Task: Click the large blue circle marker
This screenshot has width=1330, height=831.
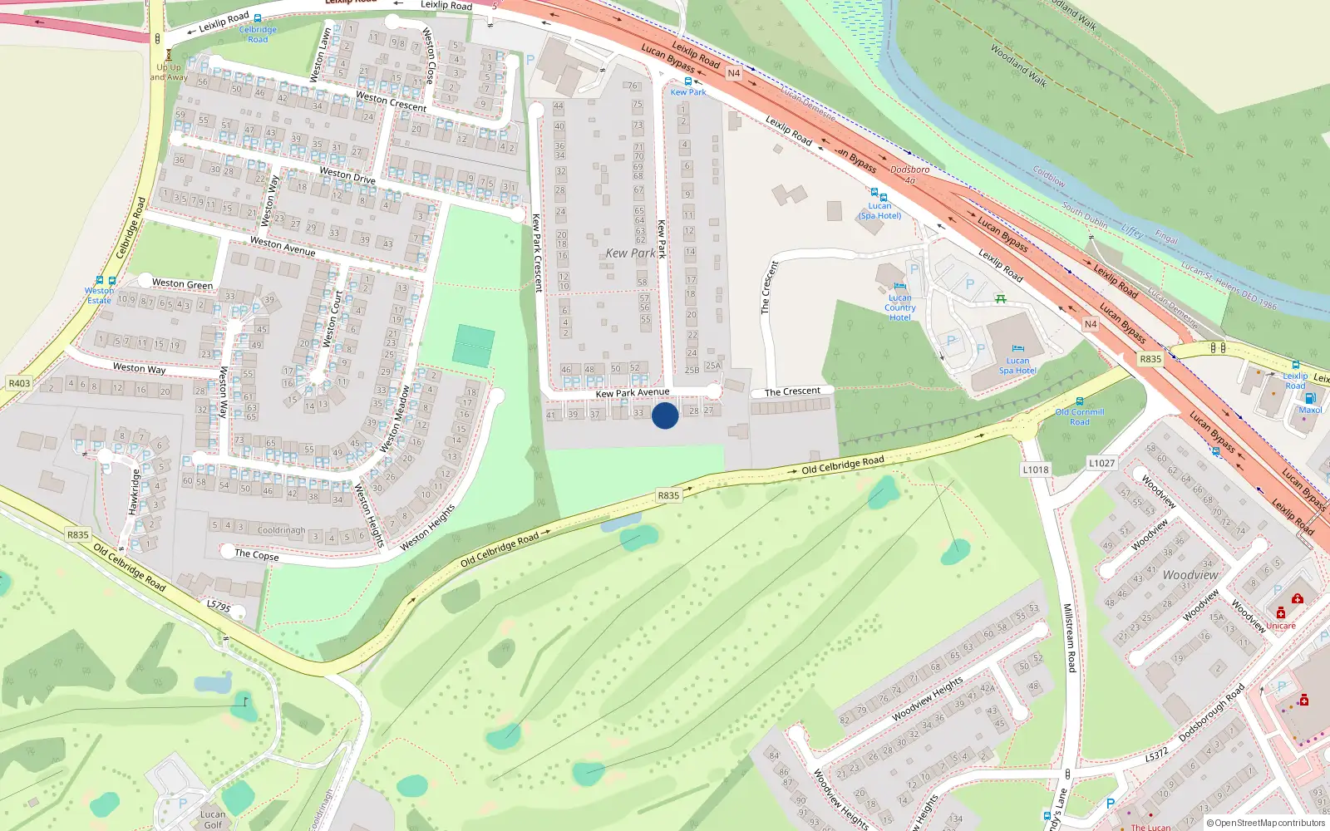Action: pyautogui.click(x=665, y=415)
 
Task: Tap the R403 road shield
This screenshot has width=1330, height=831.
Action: pyautogui.click(x=19, y=383)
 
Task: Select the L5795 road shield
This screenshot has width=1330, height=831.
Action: pyautogui.click(x=219, y=607)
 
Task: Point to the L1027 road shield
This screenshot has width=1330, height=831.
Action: pyautogui.click(x=1101, y=464)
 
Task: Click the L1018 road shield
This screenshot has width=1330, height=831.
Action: pyautogui.click(x=1036, y=470)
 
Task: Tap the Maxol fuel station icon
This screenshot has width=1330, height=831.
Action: pyautogui.click(x=1310, y=399)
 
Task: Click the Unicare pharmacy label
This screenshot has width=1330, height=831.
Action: pyautogui.click(x=1281, y=626)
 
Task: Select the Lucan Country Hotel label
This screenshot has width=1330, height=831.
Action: pyautogui.click(x=900, y=307)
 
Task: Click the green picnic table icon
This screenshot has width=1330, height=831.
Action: pyautogui.click(x=1001, y=298)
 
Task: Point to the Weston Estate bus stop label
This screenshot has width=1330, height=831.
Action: pyautogui.click(x=100, y=295)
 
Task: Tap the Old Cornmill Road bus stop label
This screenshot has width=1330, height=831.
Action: pyautogui.click(x=1080, y=416)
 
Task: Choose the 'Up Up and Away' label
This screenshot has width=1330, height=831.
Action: pyautogui.click(x=169, y=72)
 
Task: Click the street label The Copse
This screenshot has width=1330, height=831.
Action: pyautogui.click(x=257, y=554)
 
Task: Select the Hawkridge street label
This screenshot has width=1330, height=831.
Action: pyautogui.click(x=135, y=492)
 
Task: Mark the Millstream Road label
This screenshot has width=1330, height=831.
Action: pyautogui.click(x=1070, y=638)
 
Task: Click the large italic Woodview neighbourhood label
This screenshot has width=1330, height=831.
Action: pyautogui.click(x=1190, y=575)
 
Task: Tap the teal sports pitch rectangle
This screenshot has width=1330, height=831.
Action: pyautogui.click(x=474, y=346)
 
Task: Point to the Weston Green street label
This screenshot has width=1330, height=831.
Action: pyautogui.click(x=182, y=284)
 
